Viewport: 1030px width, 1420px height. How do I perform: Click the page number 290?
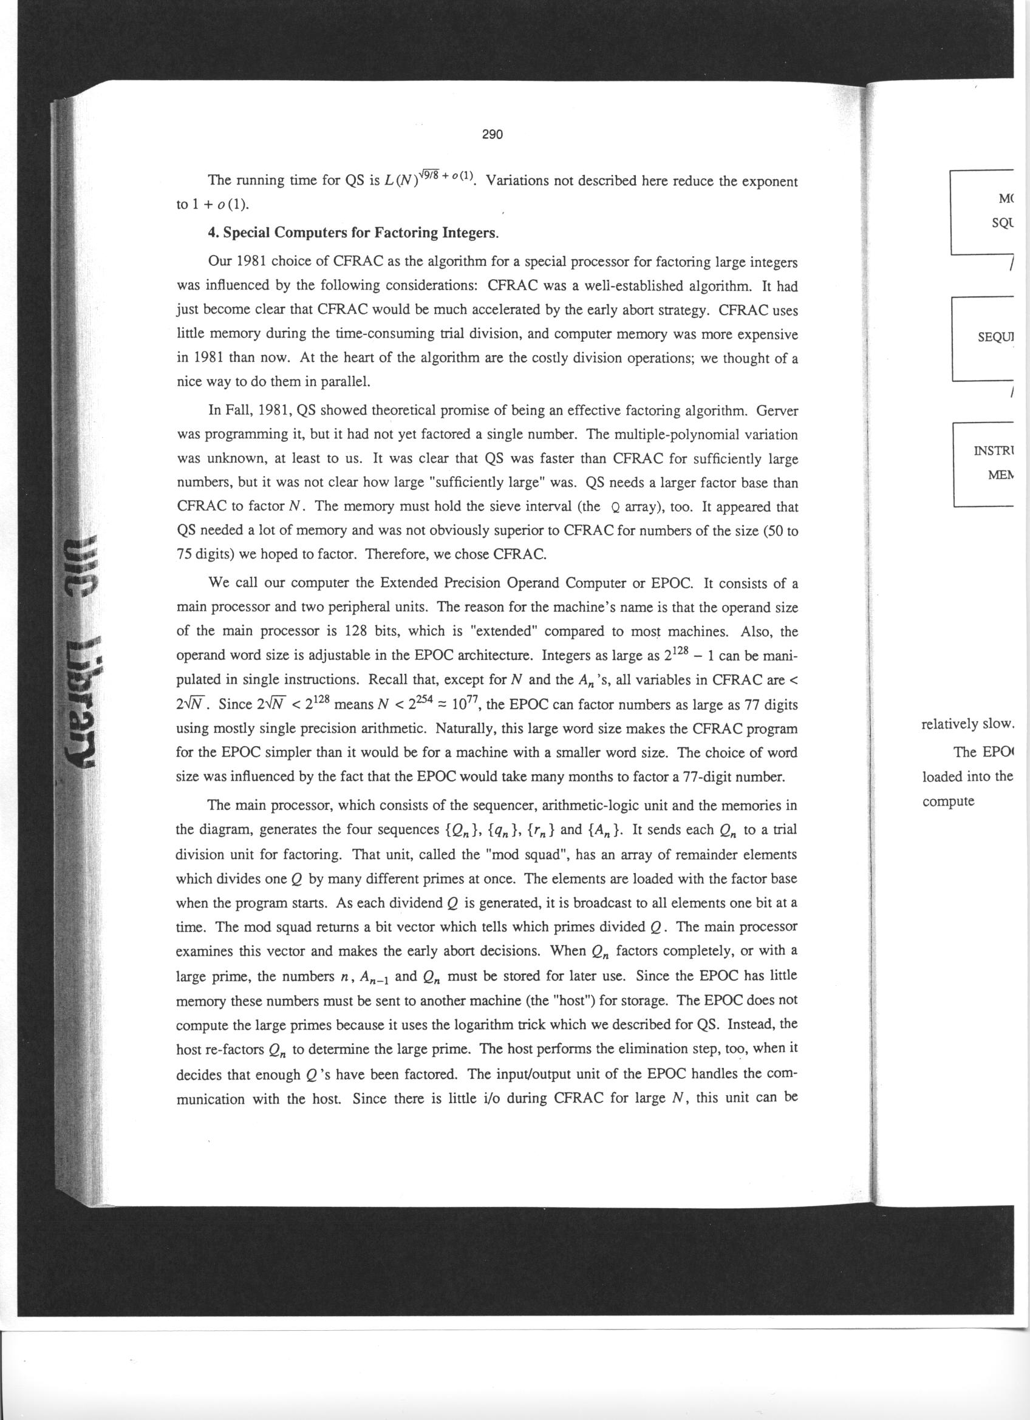pyautogui.click(x=493, y=135)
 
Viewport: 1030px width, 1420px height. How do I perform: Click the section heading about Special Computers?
pyautogui.click(x=353, y=233)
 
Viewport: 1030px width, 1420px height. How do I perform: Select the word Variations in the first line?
pyautogui.click(x=517, y=182)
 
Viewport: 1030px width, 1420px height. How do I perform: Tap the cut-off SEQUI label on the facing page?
pyautogui.click(x=995, y=338)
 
